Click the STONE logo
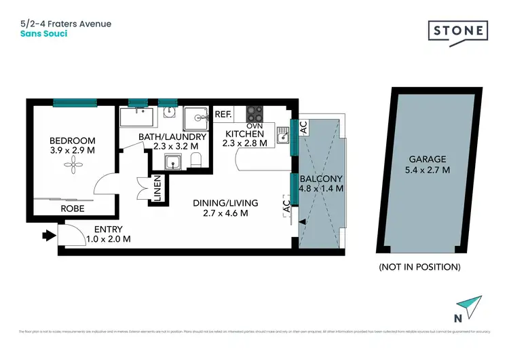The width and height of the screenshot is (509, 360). click(x=458, y=31)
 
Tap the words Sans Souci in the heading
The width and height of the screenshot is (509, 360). click(x=44, y=33)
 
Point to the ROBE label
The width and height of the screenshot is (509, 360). click(x=73, y=209)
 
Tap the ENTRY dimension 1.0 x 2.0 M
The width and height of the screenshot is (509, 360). click(x=108, y=238)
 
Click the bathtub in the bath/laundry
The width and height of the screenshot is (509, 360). click(x=139, y=118)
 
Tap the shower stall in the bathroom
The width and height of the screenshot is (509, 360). click(x=199, y=117)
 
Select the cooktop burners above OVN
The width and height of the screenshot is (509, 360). click(x=254, y=112)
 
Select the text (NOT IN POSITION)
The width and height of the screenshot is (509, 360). click(x=419, y=267)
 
